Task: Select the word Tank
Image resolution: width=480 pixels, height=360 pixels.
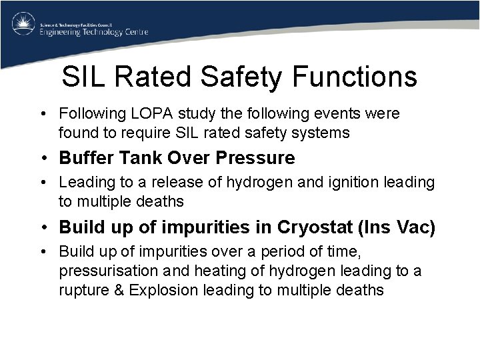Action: click(131, 158)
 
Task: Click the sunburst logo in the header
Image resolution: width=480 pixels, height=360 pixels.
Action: click(23, 25)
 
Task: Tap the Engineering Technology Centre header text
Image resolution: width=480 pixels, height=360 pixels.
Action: click(93, 31)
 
